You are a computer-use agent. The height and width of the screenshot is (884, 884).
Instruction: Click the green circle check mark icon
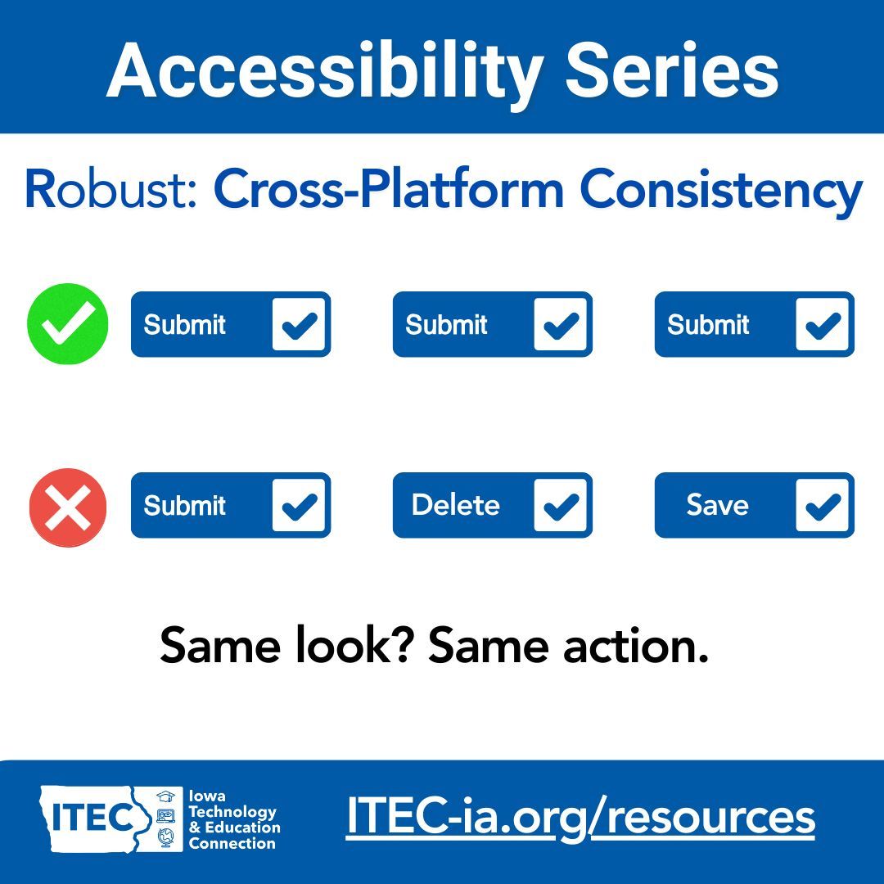click(x=68, y=324)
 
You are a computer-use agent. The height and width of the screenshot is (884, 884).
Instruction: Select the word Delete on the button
click(x=455, y=505)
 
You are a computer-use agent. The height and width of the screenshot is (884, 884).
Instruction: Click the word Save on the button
click(x=717, y=505)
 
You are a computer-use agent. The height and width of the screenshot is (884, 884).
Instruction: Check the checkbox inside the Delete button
click(x=561, y=505)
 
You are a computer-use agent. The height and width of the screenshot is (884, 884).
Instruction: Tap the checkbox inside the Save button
click(x=823, y=505)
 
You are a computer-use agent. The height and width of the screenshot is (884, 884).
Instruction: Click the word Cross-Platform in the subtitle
click(x=389, y=190)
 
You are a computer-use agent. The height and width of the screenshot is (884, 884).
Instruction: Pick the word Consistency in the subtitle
click(x=721, y=190)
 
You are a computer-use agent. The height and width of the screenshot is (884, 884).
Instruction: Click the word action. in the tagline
click(x=634, y=646)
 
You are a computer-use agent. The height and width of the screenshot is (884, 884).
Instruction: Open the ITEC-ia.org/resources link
click(x=580, y=817)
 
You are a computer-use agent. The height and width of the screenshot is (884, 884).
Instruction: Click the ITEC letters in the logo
click(x=91, y=817)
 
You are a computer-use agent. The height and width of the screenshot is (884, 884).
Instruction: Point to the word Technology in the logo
click(x=232, y=812)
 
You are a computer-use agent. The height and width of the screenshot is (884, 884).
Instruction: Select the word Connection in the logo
click(x=232, y=843)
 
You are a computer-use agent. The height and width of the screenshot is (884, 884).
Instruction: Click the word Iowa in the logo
click(x=207, y=796)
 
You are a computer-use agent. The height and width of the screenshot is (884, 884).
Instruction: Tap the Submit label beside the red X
click(x=185, y=505)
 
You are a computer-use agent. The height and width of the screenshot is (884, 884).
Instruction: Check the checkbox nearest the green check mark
click(x=299, y=324)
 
